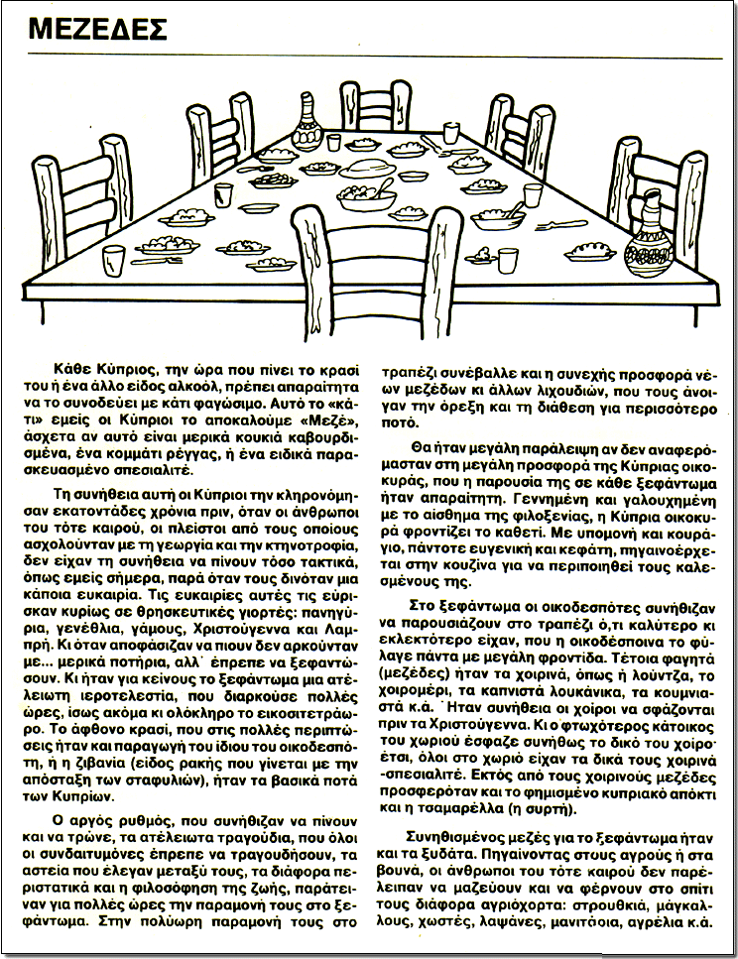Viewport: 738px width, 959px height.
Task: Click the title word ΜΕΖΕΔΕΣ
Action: [97, 31]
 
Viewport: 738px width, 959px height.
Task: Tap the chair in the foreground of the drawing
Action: [376, 268]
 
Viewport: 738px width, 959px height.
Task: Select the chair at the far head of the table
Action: [376, 106]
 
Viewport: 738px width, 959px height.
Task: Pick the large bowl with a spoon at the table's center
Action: [366, 195]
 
